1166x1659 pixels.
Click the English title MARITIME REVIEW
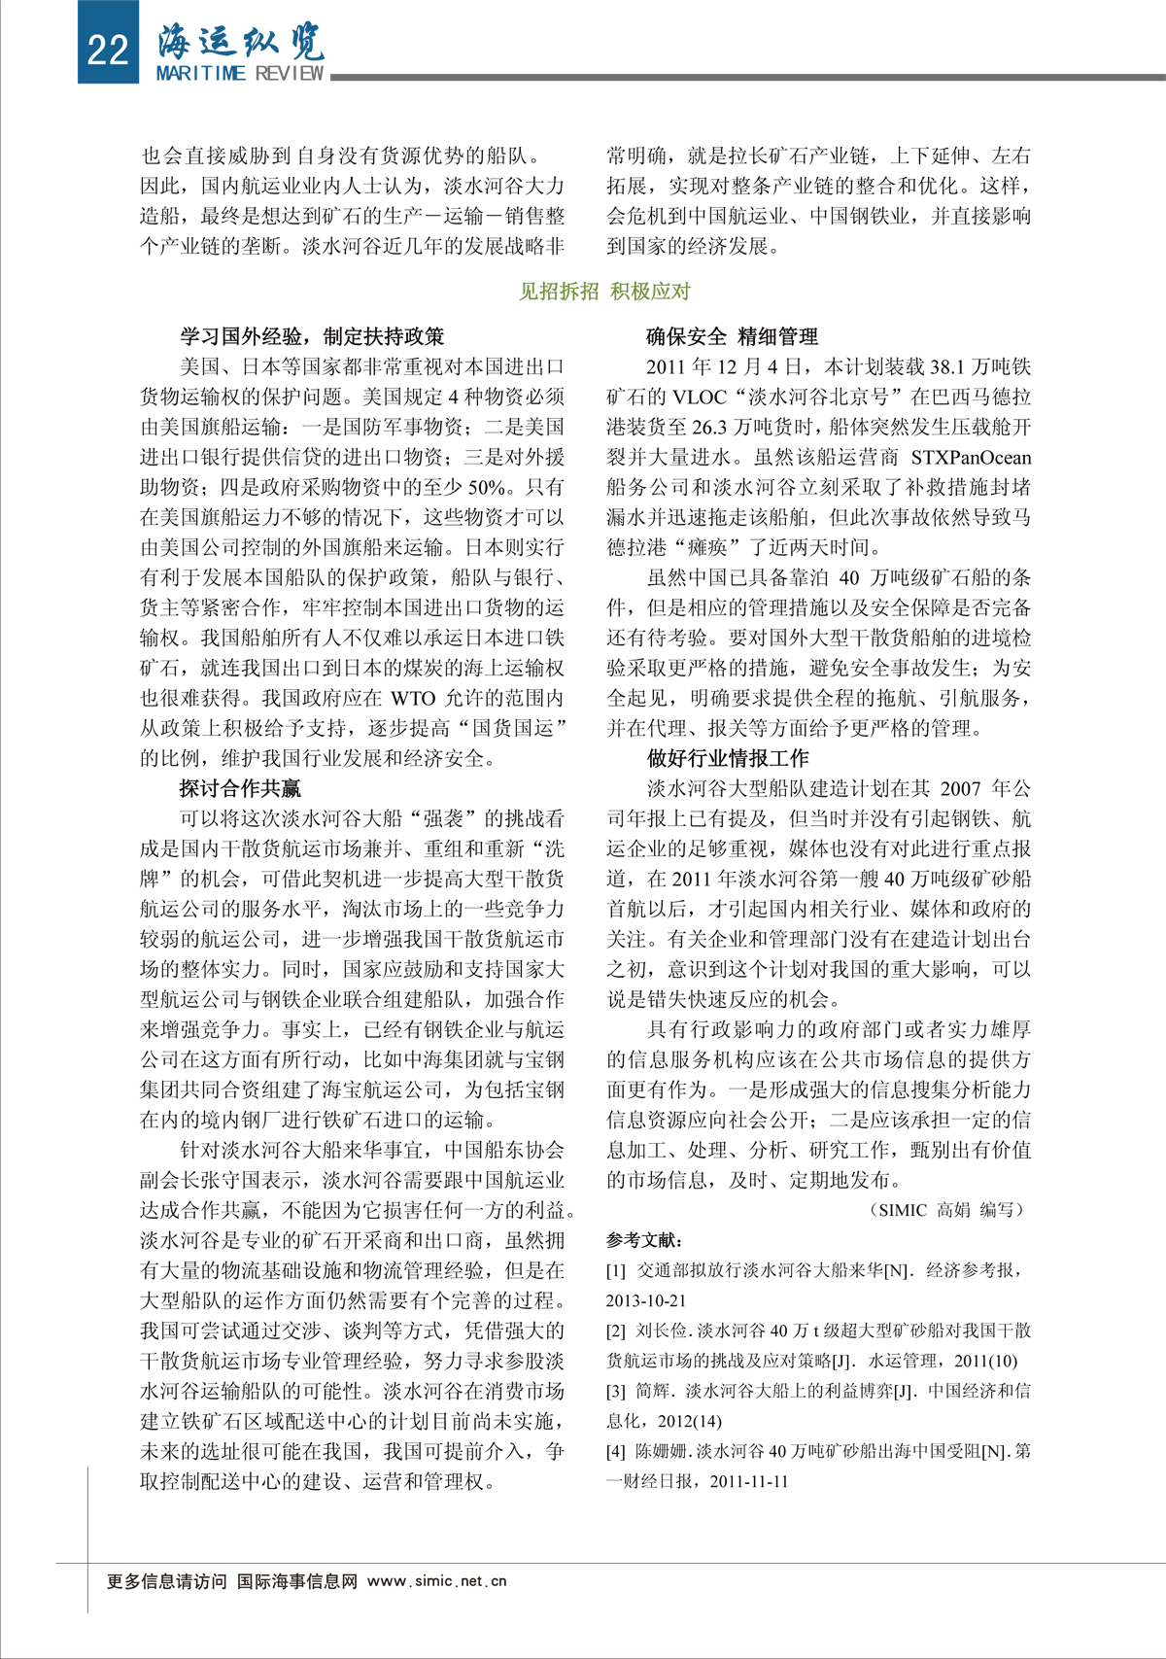(x=240, y=74)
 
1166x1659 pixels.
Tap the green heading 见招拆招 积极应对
(x=604, y=291)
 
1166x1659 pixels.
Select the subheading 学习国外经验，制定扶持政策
(x=312, y=336)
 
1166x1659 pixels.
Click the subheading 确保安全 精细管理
(x=733, y=336)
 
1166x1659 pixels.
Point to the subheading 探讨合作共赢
(x=240, y=788)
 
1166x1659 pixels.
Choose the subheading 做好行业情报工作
(x=728, y=758)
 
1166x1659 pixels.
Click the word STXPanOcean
(x=971, y=457)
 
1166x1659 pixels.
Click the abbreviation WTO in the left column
(x=414, y=698)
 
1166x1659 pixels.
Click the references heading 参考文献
(x=644, y=1240)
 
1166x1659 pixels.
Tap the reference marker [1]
(x=616, y=1270)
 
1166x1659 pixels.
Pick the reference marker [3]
(x=616, y=1391)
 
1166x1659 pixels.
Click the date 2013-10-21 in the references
(x=646, y=1300)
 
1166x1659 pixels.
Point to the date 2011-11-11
(x=749, y=1481)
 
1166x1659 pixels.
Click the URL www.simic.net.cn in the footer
(x=437, y=1581)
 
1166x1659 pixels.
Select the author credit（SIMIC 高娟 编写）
(x=949, y=1210)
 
